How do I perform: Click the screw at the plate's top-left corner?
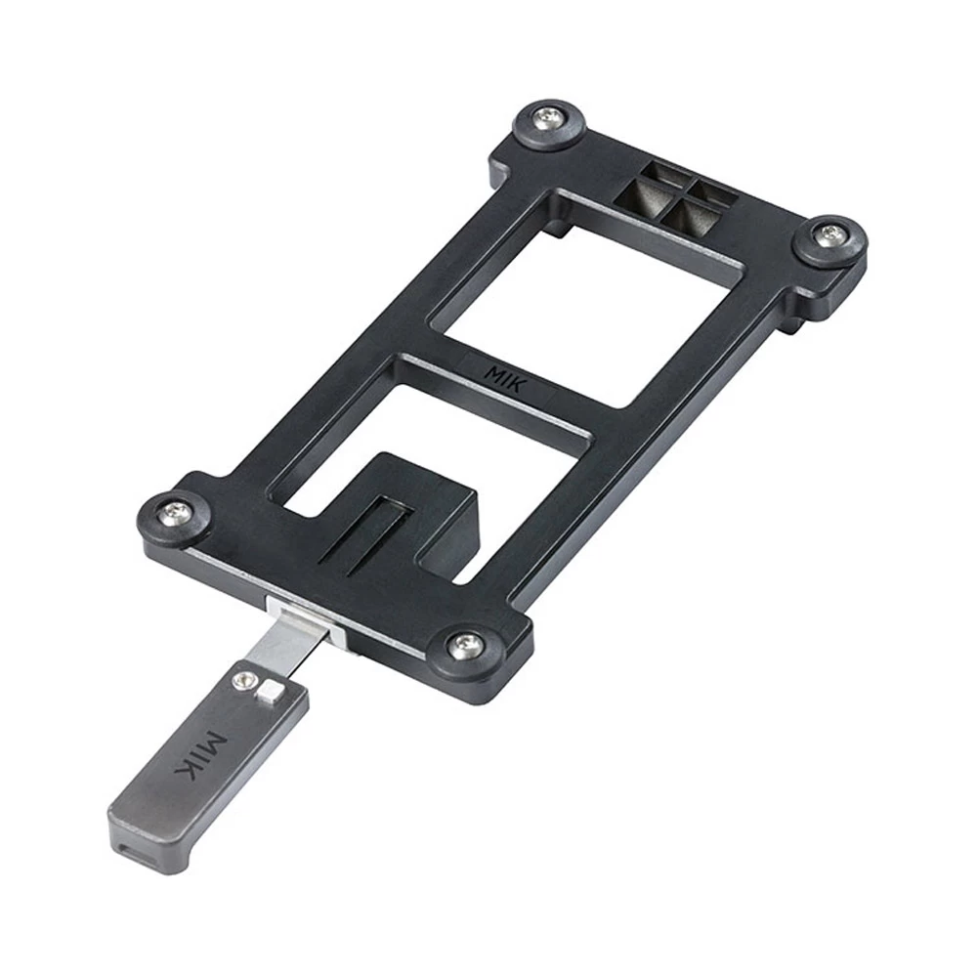[x=547, y=115]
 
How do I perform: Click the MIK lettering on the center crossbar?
[x=506, y=378]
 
